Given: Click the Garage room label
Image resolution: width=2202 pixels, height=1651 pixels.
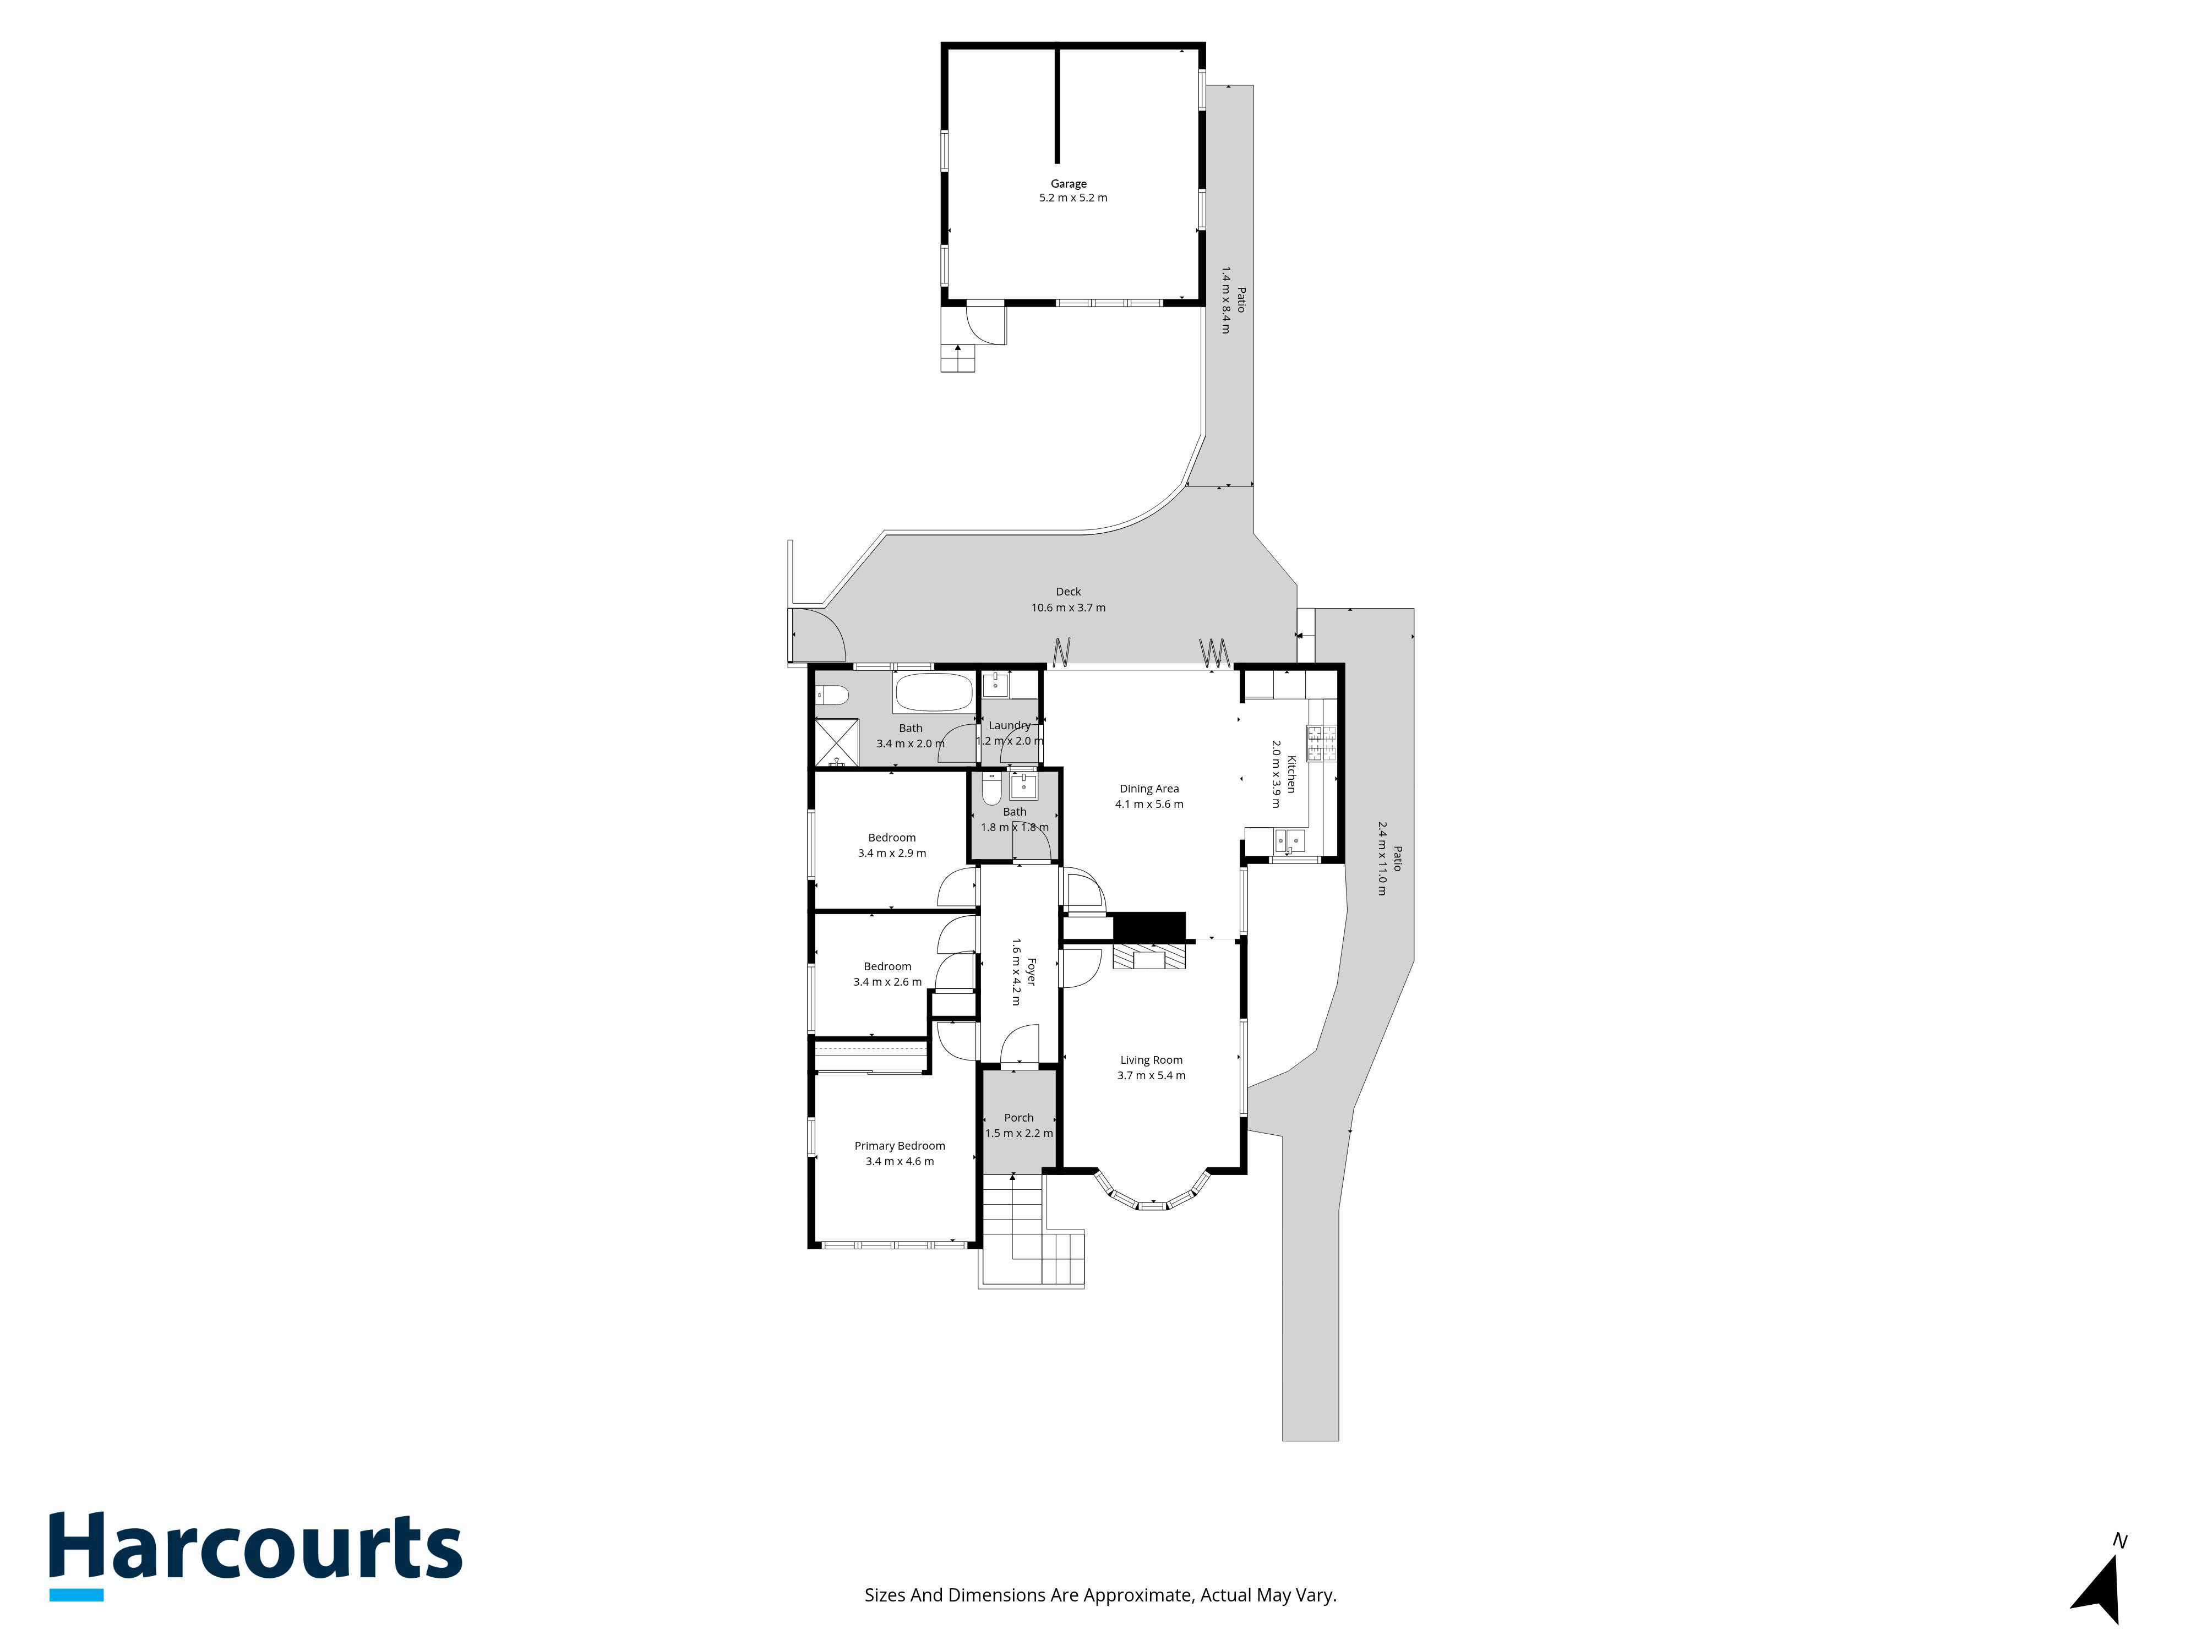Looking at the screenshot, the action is [1068, 183].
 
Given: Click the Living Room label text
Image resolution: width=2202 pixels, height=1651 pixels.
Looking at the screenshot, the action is [1151, 1060].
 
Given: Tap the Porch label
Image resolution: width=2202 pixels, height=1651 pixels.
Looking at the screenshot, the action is [1018, 1118].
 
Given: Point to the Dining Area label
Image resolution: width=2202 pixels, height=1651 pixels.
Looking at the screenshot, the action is [1149, 788].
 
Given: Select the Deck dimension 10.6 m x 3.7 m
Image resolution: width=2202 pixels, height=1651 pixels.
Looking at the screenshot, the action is [1068, 607].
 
